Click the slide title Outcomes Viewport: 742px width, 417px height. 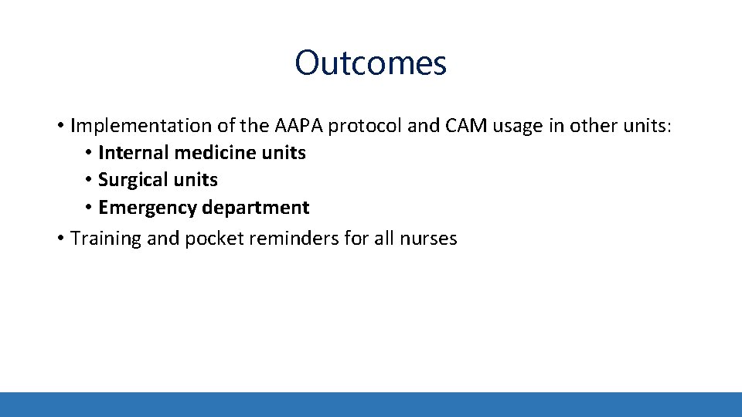pos(370,63)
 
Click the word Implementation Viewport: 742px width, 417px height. pos(130,126)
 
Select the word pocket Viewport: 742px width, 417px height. pos(211,239)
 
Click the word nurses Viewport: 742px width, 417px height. pos(428,239)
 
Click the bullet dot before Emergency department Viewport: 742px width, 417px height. pos(90,208)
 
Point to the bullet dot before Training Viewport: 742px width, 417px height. pos(60,239)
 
